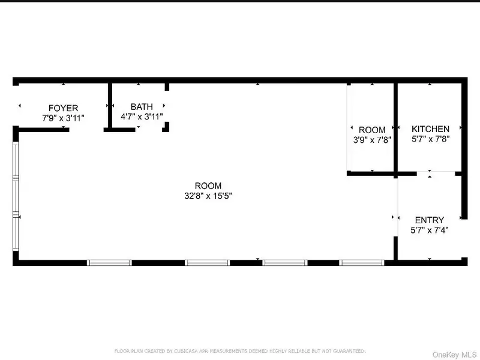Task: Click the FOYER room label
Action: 63,108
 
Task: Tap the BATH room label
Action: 142,107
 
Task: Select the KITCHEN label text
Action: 430,129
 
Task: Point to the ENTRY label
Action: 430,220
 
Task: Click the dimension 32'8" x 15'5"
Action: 208,196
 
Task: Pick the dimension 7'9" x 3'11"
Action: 63,118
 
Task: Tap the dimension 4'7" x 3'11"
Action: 142,116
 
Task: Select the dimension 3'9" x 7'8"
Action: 372,140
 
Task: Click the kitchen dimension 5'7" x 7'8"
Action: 430,139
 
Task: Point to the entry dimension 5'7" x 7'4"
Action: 430,230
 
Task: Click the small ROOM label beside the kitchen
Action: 372,130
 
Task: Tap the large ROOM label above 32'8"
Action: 208,186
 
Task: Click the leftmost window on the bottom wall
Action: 109,263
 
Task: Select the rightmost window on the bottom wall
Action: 362,263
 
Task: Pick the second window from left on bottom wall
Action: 207,263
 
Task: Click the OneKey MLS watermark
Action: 454,355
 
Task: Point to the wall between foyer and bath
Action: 110,106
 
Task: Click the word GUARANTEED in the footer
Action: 349,351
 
